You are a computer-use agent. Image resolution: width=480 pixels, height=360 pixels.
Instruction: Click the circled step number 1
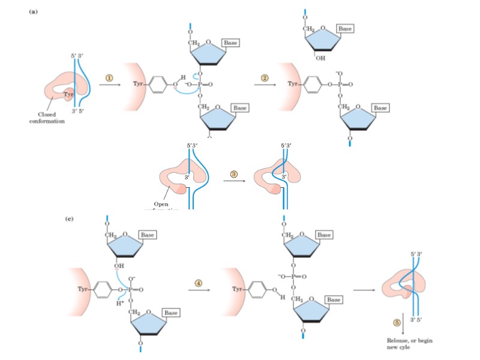(x=109, y=78)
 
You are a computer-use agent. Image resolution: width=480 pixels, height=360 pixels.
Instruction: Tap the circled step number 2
(x=264, y=78)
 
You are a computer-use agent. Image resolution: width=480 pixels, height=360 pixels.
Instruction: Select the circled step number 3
(x=235, y=174)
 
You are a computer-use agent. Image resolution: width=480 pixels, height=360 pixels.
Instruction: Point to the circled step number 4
(x=198, y=281)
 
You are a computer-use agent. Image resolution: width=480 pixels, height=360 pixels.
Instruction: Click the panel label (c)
(x=70, y=219)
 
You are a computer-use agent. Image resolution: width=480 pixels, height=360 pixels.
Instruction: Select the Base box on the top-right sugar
(x=346, y=28)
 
